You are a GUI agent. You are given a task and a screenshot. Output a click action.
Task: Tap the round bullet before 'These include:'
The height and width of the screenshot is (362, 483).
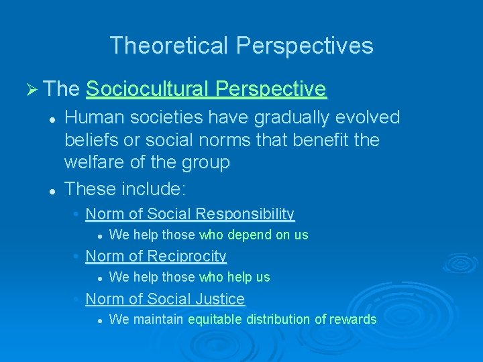point(51,190)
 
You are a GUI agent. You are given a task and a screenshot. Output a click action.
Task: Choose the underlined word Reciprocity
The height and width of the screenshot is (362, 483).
point(186,256)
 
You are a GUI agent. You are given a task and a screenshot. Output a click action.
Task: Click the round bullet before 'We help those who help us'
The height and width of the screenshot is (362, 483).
point(99,278)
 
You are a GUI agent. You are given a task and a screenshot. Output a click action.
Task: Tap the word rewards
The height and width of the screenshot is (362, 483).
point(353,319)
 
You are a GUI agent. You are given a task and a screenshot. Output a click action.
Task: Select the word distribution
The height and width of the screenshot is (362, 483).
point(280,319)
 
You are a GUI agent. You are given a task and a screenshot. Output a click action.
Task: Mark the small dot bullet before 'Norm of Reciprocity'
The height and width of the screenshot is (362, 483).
point(76,257)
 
